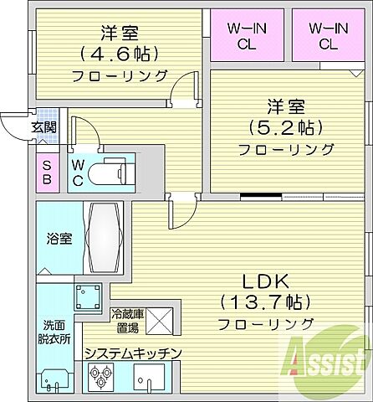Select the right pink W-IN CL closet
point(327,36)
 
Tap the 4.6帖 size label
point(119,54)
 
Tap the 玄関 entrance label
point(44,127)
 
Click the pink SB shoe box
point(46,172)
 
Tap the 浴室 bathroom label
point(59,238)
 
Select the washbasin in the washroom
point(54,382)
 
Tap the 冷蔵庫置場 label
point(127,319)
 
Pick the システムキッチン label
point(132,353)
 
